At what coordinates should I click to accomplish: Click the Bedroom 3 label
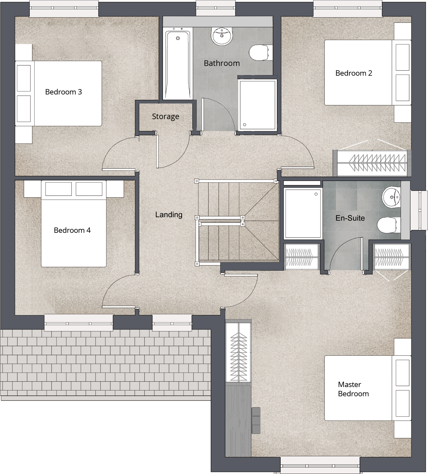63,92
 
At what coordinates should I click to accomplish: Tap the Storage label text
165,116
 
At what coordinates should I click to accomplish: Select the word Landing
169,214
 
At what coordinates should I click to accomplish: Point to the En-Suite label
350,218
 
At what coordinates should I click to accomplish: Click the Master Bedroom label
353,389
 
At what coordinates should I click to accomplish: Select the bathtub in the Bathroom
178,64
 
